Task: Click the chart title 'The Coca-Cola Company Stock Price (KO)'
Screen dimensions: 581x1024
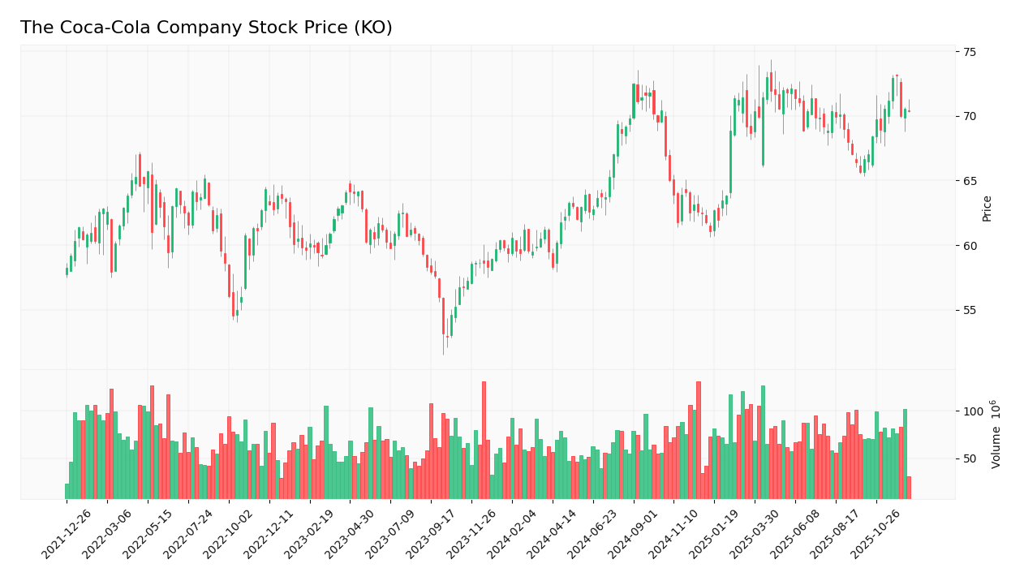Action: [206, 28]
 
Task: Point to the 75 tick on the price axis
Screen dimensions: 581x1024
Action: [970, 52]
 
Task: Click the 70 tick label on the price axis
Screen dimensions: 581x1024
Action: [970, 116]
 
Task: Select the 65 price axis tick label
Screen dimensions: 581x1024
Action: [970, 181]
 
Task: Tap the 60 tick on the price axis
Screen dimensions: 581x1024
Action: [970, 246]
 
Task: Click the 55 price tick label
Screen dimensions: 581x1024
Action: [970, 311]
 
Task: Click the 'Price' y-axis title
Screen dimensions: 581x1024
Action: [987, 209]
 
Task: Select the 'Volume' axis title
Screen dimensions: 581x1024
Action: [996, 434]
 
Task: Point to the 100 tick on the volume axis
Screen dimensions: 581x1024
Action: [973, 411]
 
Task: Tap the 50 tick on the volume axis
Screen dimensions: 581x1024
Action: [970, 459]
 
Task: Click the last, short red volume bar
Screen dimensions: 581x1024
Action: [909, 488]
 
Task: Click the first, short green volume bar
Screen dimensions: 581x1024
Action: [67, 491]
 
